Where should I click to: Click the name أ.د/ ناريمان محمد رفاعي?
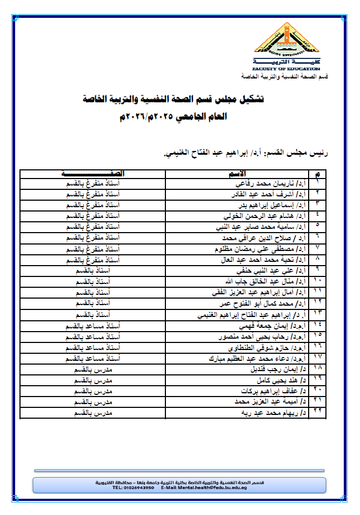point(276,184)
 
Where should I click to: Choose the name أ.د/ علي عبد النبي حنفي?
point(274,270)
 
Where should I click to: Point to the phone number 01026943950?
point(142,487)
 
